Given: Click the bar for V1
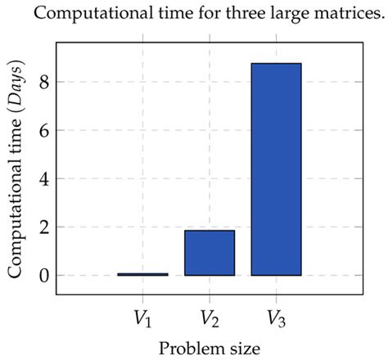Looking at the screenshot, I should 142,274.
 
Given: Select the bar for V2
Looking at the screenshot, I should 210,253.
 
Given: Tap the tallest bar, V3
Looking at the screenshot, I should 277,169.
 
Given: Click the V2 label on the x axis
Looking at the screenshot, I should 210,316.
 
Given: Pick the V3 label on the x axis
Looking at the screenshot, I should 277,316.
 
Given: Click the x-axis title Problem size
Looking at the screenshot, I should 210,348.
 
